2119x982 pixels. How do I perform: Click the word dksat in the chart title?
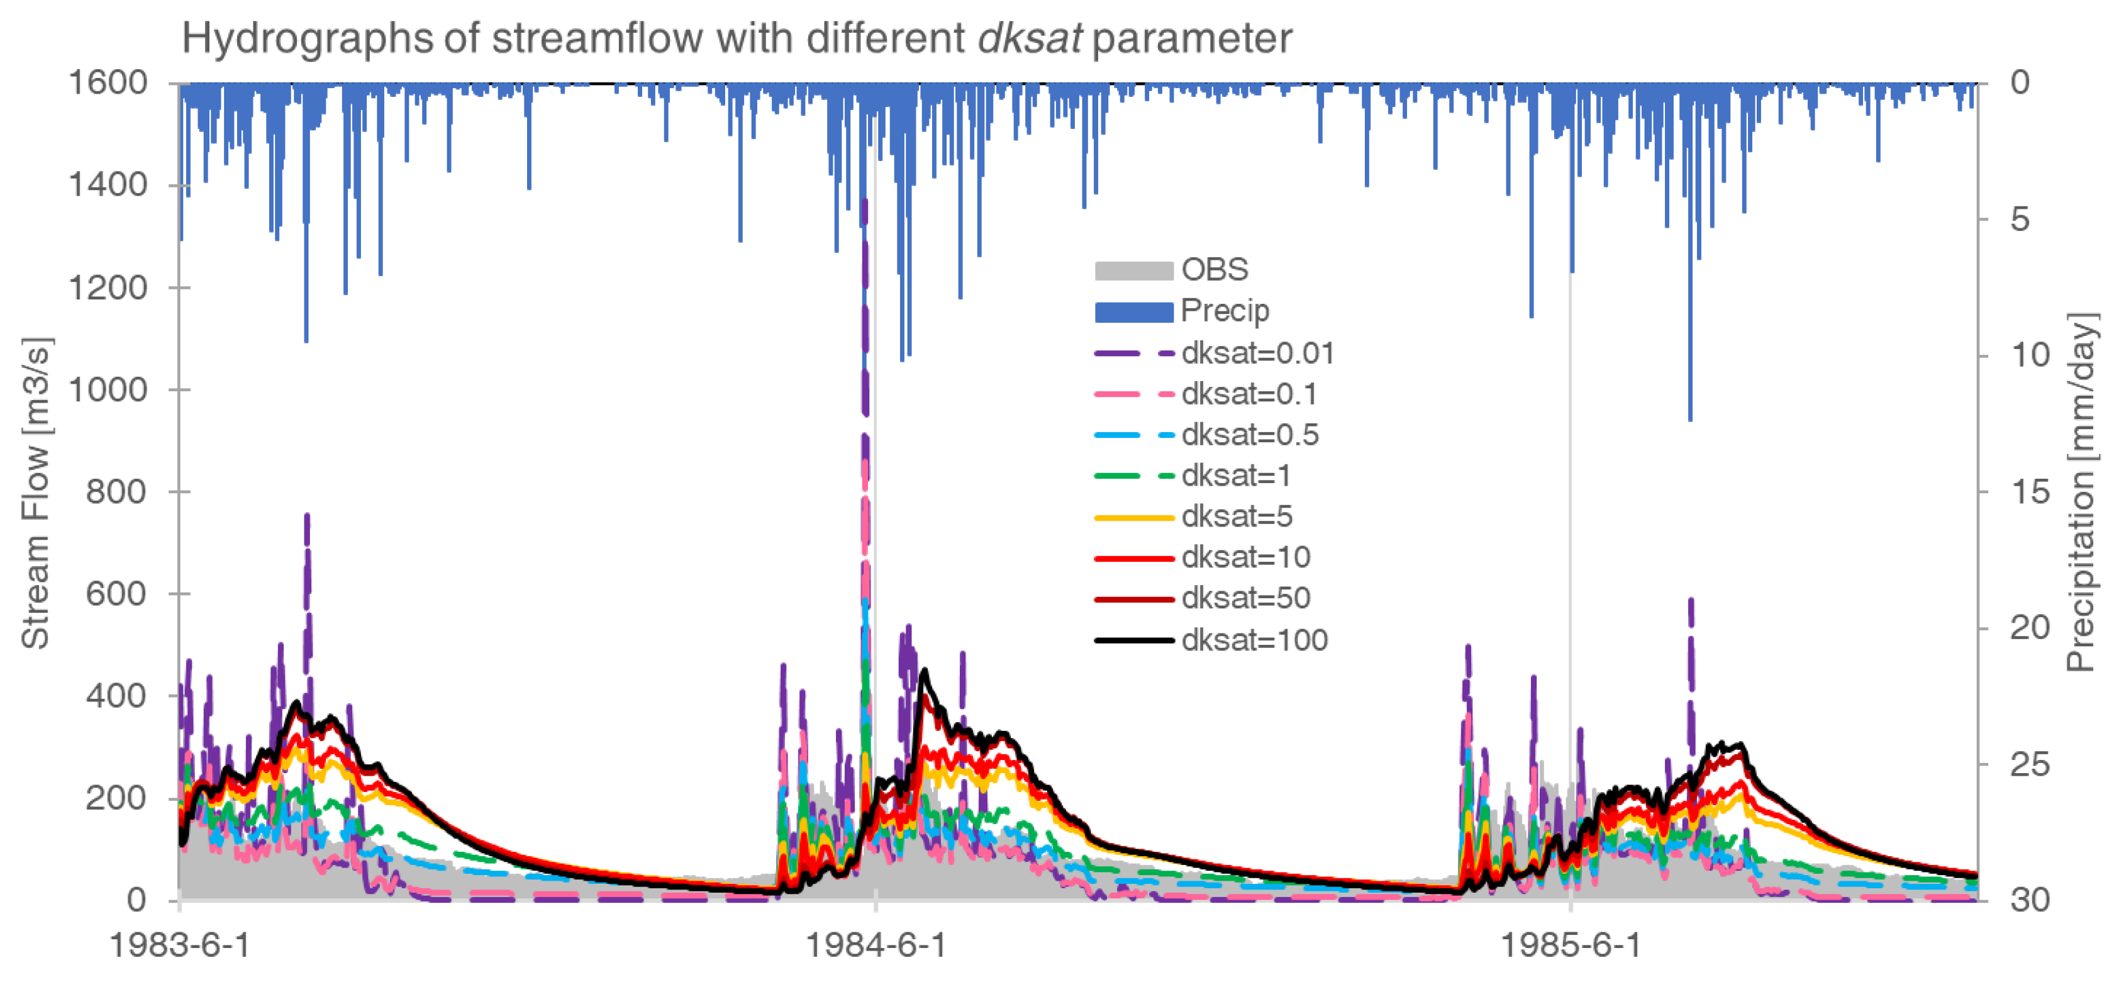pyautogui.click(x=1029, y=38)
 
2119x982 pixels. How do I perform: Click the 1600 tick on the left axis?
pyautogui.click(x=107, y=82)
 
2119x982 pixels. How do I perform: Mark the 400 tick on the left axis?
pyautogui.click(x=116, y=696)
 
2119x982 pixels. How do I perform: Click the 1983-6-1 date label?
pyautogui.click(x=179, y=945)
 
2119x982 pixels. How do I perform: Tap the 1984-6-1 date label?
pyautogui.click(x=876, y=945)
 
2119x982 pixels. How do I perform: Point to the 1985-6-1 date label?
pyautogui.click(x=1571, y=945)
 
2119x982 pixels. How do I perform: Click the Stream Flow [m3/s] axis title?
pyautogui.click(x=35, y=493)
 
